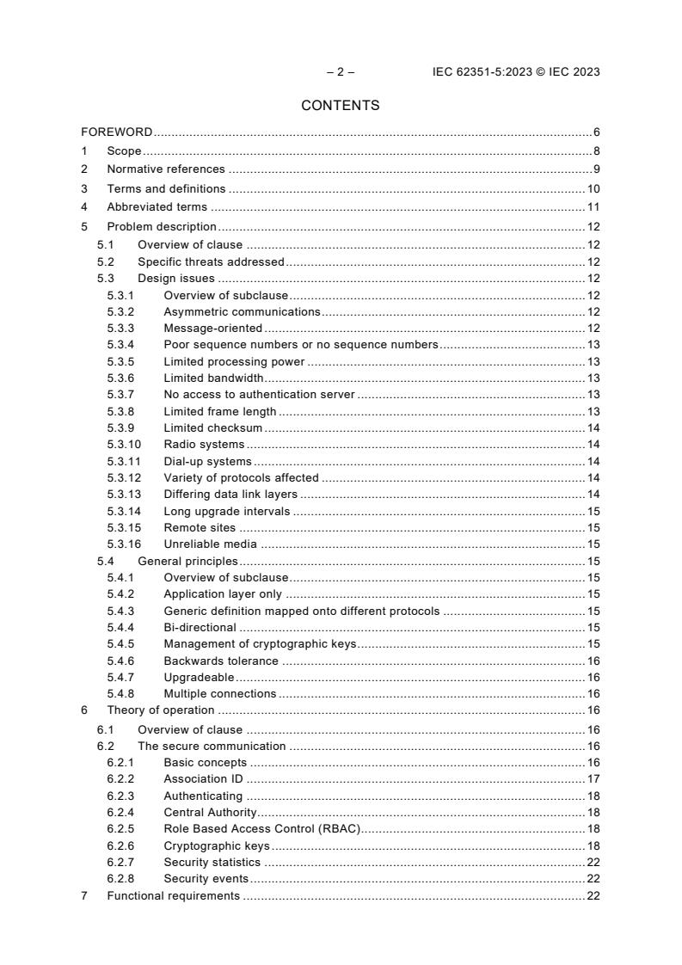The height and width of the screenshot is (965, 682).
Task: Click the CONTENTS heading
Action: click(341, 106)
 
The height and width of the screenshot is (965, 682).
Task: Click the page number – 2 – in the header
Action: click(341, 72)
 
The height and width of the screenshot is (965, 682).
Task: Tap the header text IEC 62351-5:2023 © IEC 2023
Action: click(515, 72)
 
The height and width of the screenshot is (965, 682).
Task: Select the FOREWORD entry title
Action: click(116, 132)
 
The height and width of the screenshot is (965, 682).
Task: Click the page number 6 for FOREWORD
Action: click(596, 132)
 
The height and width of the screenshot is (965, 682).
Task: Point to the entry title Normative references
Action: click(166, 169)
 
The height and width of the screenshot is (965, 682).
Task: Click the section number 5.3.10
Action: click(123, 445)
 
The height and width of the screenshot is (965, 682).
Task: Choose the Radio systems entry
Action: click(204, 445)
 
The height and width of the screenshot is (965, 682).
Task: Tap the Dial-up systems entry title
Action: click(207, 461)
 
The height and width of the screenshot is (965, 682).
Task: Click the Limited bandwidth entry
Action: click(213, 378)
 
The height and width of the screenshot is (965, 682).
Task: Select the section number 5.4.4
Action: click(120, 627)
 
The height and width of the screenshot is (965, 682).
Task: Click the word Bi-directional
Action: click(200, 627)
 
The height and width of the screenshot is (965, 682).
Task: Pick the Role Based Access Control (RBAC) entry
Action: click(261, 829)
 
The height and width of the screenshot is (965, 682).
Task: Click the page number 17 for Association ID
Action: click(593, 779)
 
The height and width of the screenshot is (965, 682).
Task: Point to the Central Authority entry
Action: click(210, 812)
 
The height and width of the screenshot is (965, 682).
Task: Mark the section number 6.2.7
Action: click(120, 862)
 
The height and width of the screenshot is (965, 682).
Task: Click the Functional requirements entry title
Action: click(173, 895)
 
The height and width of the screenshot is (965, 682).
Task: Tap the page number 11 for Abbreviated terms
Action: click(593, 206)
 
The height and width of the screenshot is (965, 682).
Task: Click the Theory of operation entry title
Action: click(160, 710)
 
